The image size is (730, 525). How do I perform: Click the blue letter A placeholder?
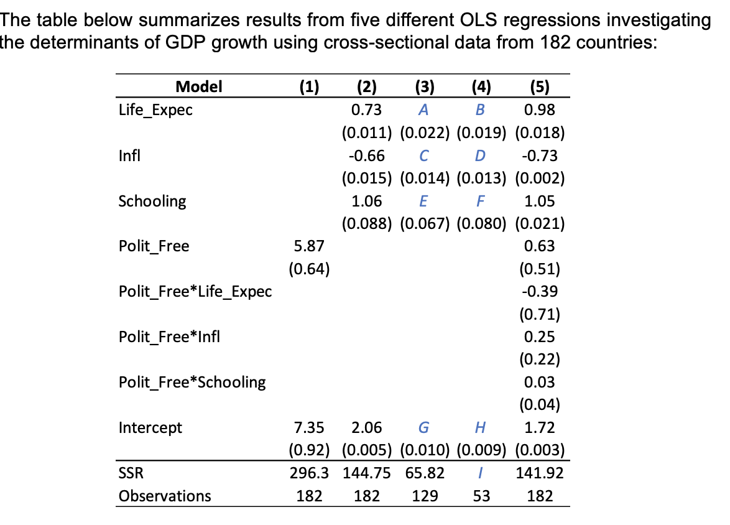(x=423, y=110)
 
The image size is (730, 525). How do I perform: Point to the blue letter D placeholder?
(x=479, y=156)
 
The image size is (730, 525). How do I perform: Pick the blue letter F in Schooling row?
(x=479, y=201)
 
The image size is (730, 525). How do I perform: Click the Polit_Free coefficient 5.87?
(x=308, y=246)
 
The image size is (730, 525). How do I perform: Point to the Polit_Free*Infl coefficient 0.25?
(x=540, y=337)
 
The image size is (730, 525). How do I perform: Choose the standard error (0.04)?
(x=540, y=406)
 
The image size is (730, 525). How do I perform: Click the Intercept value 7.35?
(x=308, y=428)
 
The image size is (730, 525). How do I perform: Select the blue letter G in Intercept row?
(x=423, y=428)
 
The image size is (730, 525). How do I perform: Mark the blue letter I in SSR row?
(x=479, y=473)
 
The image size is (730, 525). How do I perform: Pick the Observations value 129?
(x=423, y=496)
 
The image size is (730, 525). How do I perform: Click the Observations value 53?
(x=479, y=496)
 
